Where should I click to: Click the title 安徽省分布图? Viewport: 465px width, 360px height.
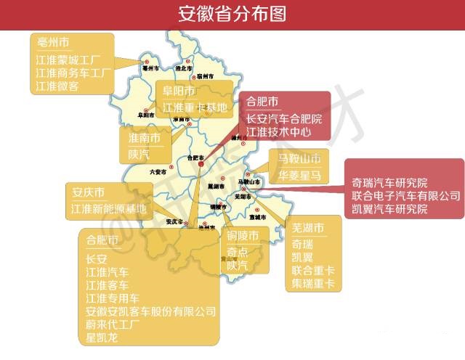232,14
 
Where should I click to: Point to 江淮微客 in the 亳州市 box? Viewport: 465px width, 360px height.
57,86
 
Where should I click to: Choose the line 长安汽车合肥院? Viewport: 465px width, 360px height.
283,118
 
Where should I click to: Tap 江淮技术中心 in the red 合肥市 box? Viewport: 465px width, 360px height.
278,132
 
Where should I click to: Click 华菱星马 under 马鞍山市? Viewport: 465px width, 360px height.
299,174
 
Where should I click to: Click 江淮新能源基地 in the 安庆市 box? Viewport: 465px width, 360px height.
108,209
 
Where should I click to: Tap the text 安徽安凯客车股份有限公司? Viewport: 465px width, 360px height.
150,311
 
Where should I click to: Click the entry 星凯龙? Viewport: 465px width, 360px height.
101,337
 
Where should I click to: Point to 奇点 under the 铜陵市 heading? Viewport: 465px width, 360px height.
238,253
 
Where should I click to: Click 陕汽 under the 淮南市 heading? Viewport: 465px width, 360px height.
138,155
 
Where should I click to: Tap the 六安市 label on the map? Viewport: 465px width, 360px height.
158,172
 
